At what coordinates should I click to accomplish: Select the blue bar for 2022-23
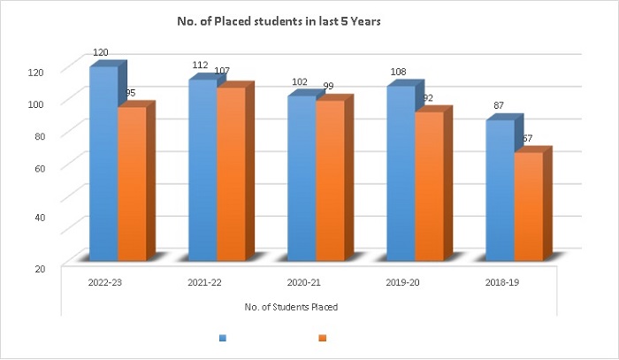(x=103, y=164)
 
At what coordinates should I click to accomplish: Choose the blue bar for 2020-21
(x=302, y=177)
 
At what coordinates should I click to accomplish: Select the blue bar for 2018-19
(x=501, y=190)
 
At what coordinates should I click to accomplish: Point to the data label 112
(x=200, y=67)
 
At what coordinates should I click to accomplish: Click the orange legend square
(x=322, y=337)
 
